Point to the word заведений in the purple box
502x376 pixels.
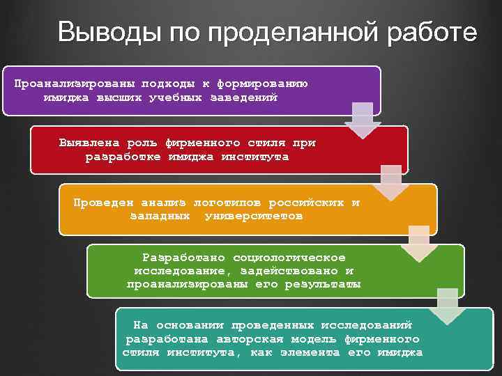click(x=243, y=97)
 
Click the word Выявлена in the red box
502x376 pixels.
click(x=89, y=143)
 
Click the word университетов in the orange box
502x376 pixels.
click(x=254, y=217)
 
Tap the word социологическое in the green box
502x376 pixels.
click(x=289, y=257)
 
